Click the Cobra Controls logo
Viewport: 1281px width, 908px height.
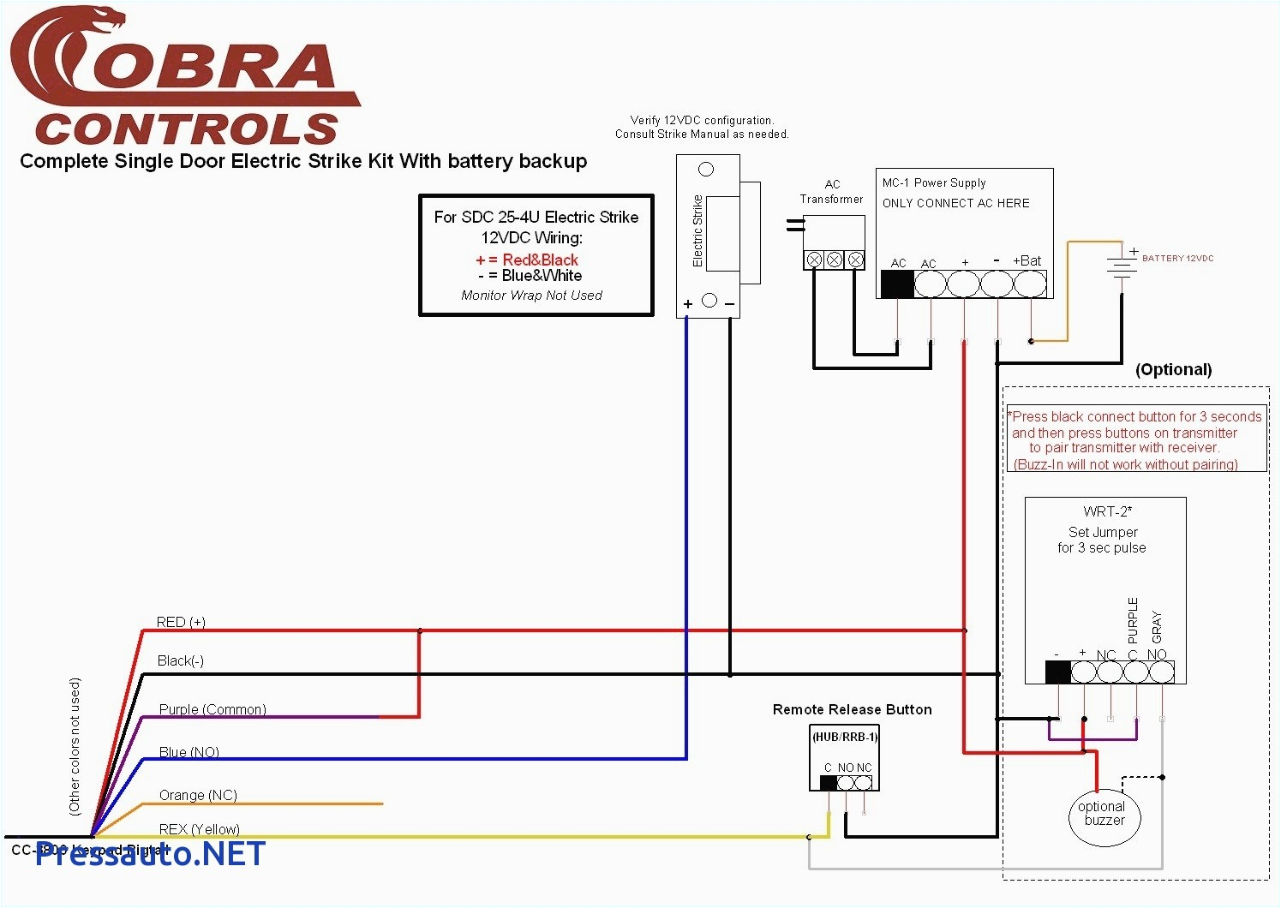pos(184,77)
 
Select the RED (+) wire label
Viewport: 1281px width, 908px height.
pos(181,622)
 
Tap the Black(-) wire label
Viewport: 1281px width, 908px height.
pos(181,660)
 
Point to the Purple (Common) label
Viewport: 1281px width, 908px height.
pos(213,709)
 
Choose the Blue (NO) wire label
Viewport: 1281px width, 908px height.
pos(189,752)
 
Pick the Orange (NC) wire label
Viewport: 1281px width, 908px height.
pos(198,795)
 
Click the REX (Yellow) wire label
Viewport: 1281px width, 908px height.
pos(200,829)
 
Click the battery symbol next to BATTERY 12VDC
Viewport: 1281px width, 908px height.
pos(1121,265)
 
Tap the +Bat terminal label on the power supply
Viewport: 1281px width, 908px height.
pos(1027,261)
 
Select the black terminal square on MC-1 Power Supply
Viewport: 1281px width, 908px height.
pos(897,284)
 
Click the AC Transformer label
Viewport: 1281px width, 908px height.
pos(832,192)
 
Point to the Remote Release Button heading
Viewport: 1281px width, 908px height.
pos(852,709)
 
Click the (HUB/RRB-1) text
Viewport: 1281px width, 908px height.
pos(845,737)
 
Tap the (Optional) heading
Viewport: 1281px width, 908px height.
pos(1173,370)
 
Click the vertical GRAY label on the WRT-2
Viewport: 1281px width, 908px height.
pos(1157,627)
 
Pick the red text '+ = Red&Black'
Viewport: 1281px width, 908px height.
pos(527,260)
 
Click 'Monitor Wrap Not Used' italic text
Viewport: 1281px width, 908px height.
pos(531,296)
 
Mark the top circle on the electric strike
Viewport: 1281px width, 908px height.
pos(706,170)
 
